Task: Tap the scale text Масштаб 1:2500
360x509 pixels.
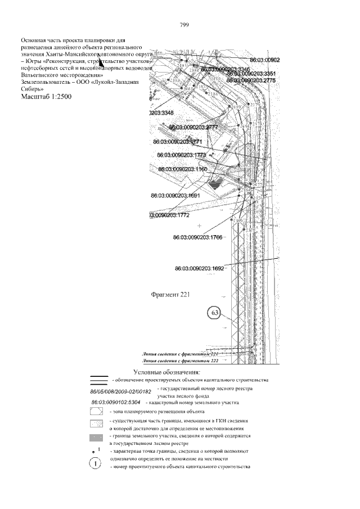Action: click(46, 97)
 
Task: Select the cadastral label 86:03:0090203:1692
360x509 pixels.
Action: click(200, 269)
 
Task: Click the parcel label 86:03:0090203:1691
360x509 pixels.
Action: click(175, 196)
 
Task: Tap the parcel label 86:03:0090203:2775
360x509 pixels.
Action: click(253, 80)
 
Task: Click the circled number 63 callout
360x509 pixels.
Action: click(214, 313)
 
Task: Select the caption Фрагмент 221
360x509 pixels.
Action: click(172, 294)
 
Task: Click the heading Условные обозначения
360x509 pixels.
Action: click(170, 371)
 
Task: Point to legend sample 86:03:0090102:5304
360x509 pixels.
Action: click(115, 403)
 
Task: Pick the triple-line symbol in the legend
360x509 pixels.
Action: click(98, 380)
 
